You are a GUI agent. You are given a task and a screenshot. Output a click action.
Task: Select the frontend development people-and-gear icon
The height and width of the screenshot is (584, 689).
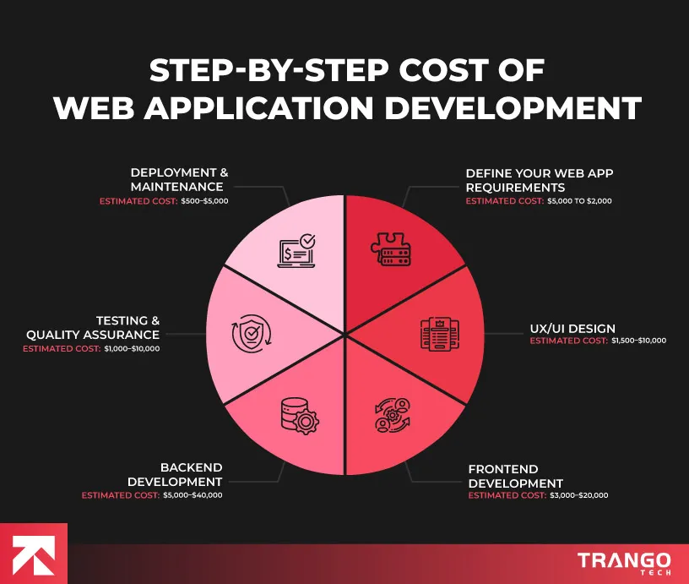point(391,414)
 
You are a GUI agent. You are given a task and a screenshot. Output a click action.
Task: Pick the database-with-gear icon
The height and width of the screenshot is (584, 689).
point(297,414)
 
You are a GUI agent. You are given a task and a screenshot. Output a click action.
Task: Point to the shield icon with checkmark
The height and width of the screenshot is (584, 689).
point(250,333)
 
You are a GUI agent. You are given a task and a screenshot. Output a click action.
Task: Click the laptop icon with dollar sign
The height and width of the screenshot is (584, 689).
point(296,251)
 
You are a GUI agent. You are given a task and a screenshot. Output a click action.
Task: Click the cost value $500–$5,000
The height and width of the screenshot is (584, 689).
point(205,200)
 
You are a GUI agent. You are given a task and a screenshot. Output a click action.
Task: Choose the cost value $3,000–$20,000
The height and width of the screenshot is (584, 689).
point(579,495)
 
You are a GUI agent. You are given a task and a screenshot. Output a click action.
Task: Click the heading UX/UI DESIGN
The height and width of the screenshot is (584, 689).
point(572,328)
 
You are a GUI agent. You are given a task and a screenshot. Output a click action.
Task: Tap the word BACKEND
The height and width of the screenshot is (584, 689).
point(191,468)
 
